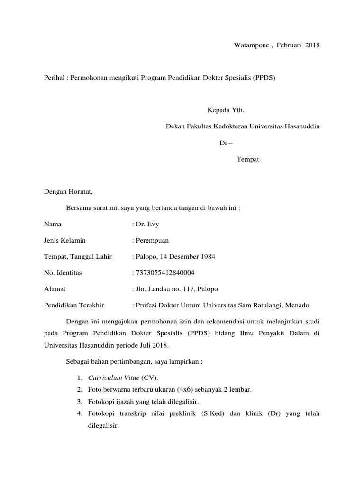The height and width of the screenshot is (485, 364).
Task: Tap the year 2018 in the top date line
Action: (x=312, y=45)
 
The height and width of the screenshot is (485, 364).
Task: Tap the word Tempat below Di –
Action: (x=248, y=160)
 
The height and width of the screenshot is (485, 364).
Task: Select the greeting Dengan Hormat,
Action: (x=69, y=192)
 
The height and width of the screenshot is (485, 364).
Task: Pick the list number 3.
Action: (x=79, y=402)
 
